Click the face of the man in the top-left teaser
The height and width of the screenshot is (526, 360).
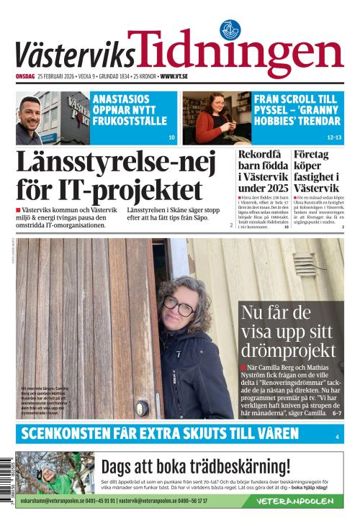coord(30,114)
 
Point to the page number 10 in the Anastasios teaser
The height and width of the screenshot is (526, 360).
coord(171,137)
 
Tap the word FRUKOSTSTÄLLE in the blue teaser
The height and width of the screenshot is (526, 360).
coord(130,120)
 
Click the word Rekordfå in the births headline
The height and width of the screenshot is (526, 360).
coord(260,155)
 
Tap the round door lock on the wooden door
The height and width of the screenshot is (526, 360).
coord(142,407)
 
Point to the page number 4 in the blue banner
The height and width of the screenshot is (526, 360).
coord(336,437)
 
